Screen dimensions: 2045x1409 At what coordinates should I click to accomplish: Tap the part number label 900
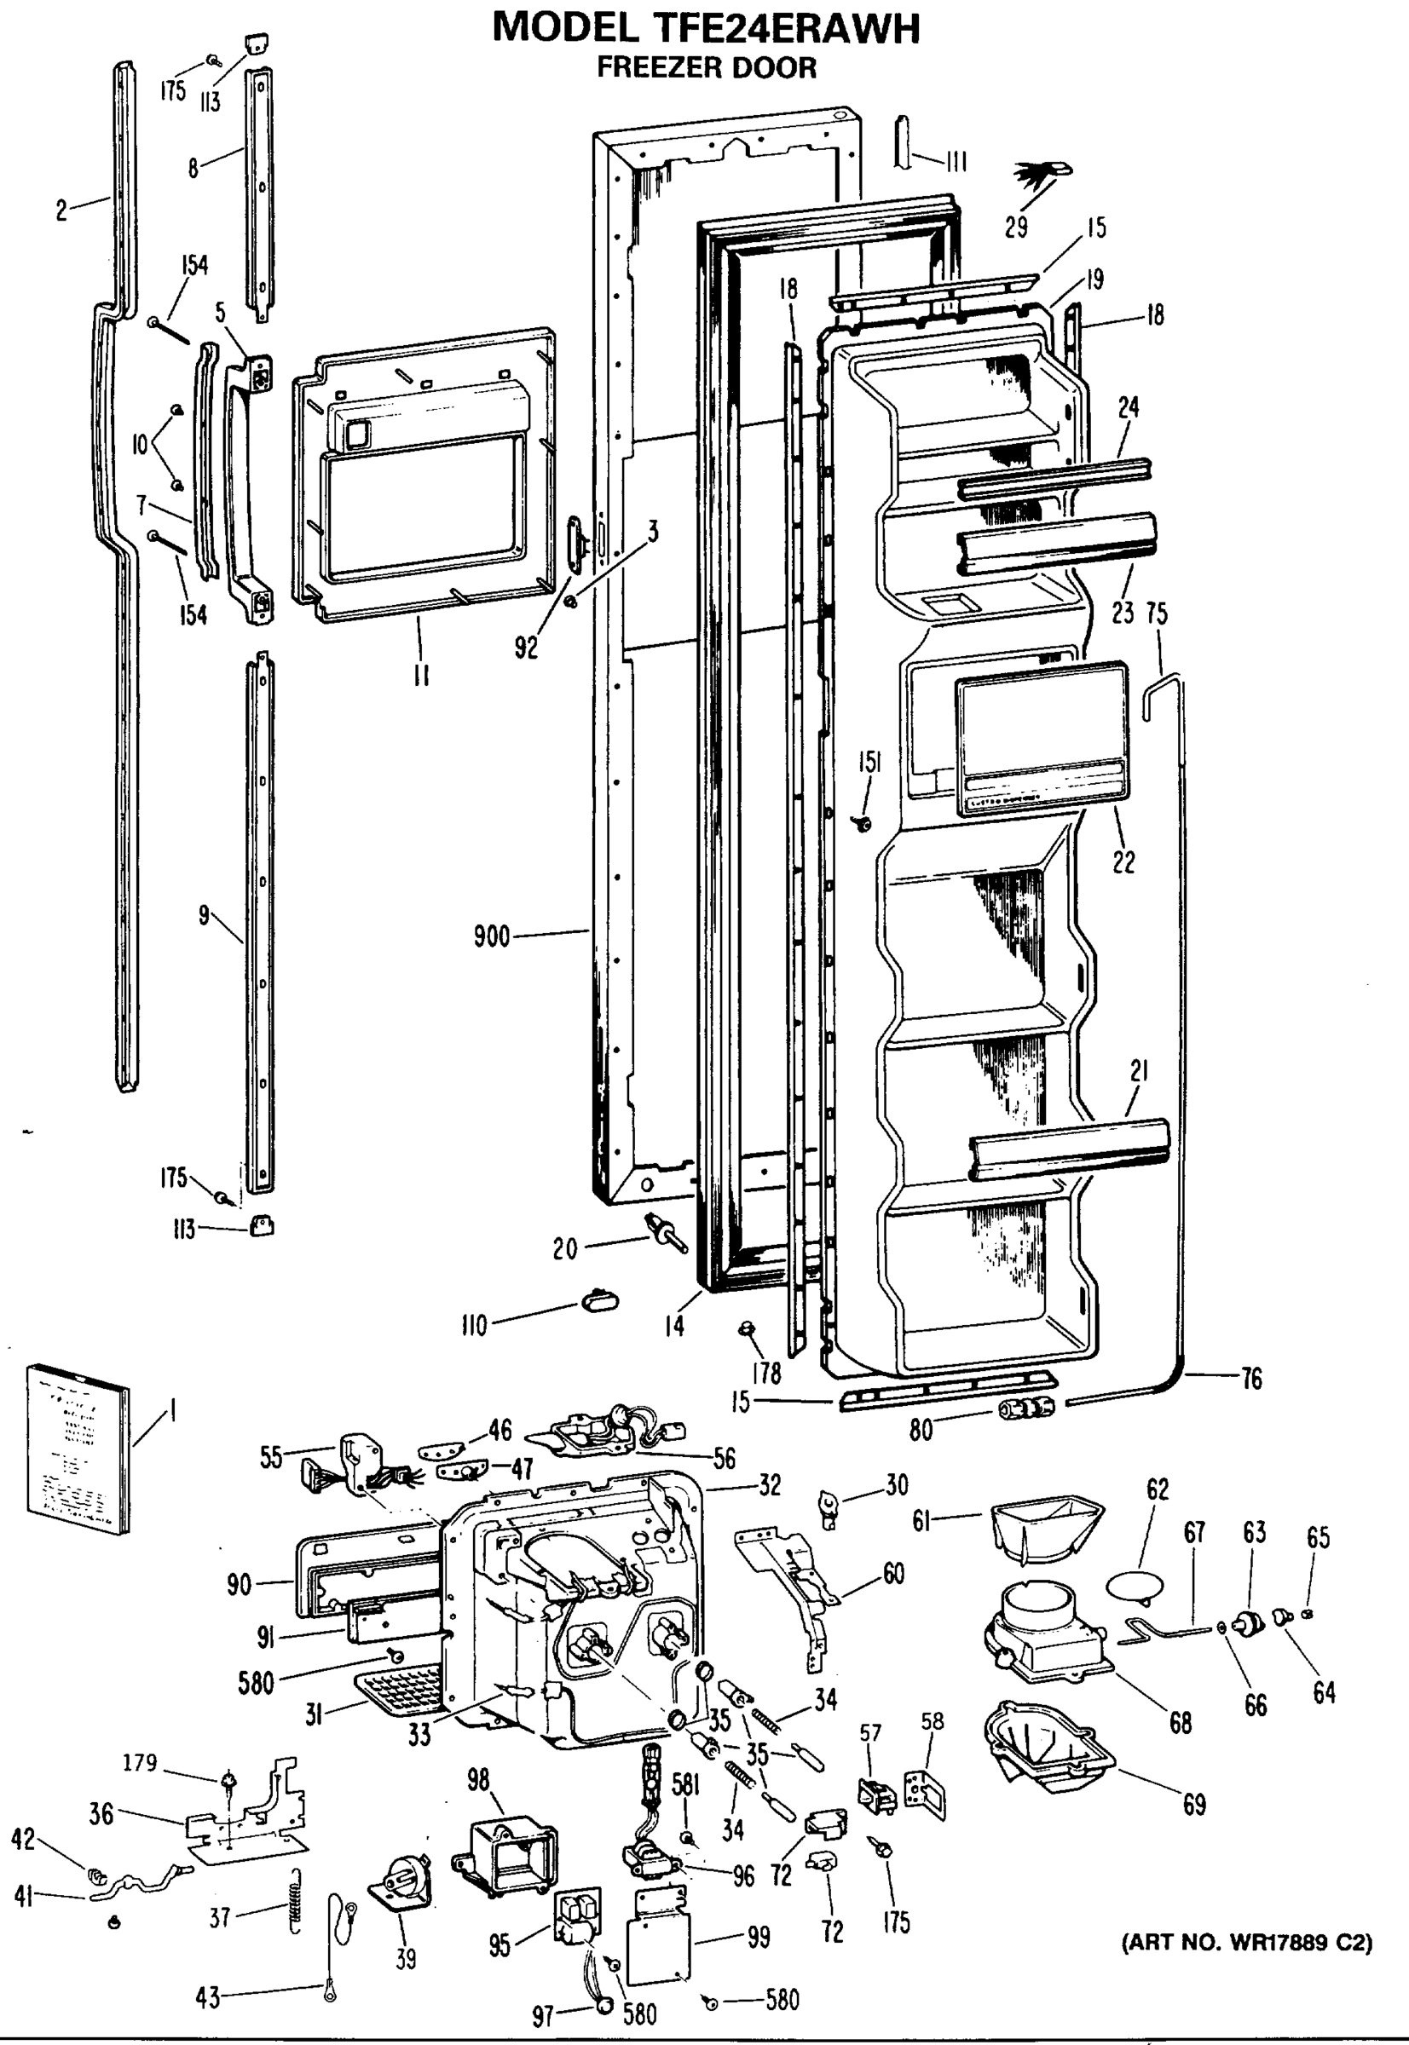(x=492, y=936)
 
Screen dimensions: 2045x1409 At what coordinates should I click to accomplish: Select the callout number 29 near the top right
(x=1016, y=228)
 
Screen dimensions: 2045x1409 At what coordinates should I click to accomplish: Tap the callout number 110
(x=474, y=1326)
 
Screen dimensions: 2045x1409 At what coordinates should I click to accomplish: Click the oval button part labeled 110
(x=598, y=1300)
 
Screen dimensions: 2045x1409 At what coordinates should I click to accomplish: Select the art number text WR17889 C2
(x=1246, y=1944)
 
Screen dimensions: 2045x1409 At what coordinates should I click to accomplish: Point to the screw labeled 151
(x=863, y=824)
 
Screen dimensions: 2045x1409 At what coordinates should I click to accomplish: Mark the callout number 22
(x=1123, y=861)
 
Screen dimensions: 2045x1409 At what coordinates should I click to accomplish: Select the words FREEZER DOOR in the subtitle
(x=707, y=68)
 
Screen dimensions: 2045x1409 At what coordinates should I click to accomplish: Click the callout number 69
(x=1193, y=1805)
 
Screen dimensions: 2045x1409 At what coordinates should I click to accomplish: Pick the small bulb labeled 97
(x=603, y=2005)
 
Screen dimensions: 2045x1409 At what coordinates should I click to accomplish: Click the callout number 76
(x=1251, y=1378)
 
